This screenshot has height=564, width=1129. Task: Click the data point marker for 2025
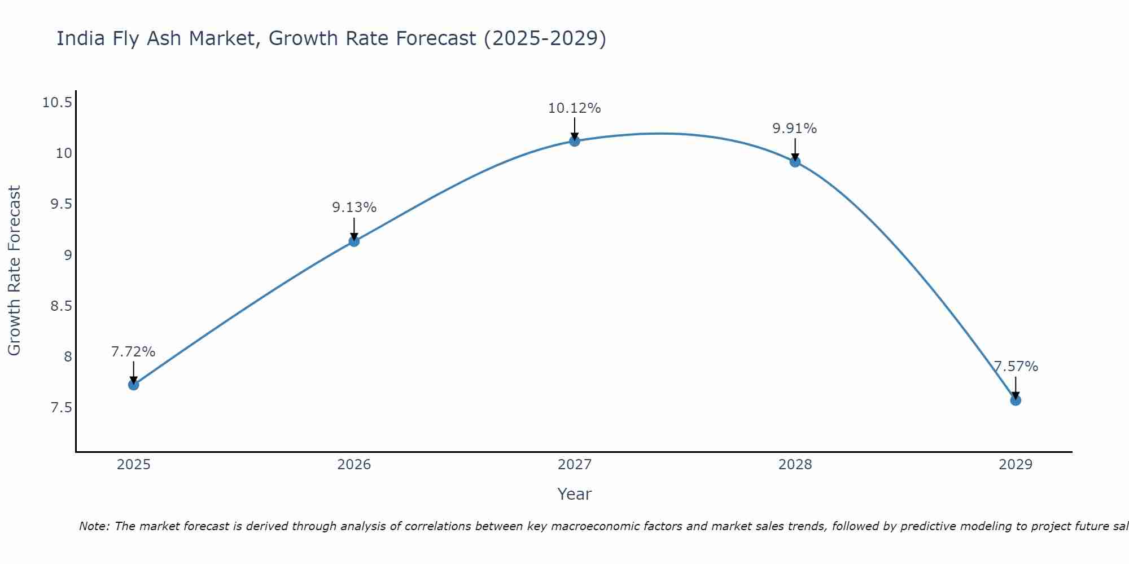pos(134,385)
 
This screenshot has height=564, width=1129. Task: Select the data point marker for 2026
pos(354,241)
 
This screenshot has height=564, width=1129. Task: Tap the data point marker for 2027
pos(575,141)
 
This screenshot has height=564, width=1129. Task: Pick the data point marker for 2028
pos(795,162)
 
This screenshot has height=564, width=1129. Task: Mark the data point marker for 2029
pos(1016,400)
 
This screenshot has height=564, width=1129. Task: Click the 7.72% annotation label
pos(133,352)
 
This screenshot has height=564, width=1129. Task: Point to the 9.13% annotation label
pos(354,208)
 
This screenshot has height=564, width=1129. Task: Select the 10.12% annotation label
pos(575,108)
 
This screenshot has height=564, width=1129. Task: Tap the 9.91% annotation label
pos(795,129)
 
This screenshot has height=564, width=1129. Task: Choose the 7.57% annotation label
pos(1016,367)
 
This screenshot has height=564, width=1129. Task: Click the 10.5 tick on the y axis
pos(57,103)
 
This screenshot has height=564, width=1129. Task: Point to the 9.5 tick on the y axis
pos(61,204)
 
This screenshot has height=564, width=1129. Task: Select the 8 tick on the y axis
pos(68,356)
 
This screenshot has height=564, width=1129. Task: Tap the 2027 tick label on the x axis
pos(575,465)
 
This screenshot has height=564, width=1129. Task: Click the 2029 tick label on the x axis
pos(1016,465)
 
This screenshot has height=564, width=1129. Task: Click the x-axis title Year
pos(575,494)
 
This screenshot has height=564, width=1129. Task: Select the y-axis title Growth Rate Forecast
pos(14,271)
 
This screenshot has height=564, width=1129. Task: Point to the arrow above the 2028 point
pos(795,149)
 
